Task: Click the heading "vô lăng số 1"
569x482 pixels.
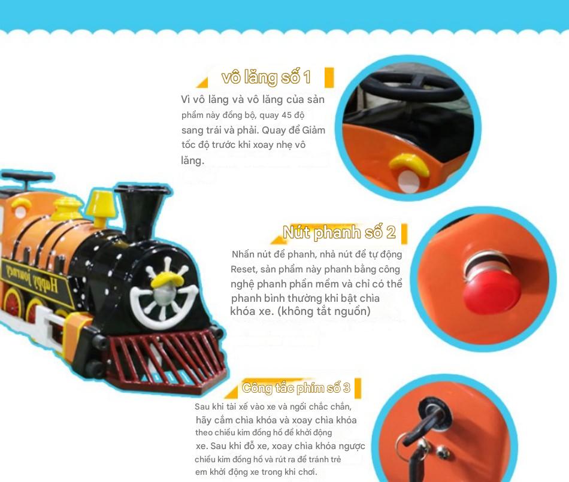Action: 266,77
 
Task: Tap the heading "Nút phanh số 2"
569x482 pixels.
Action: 339,232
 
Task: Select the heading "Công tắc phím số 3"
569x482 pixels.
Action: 296,388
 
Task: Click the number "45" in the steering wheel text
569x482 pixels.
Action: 286,116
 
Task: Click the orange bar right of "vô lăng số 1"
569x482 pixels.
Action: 329,77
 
